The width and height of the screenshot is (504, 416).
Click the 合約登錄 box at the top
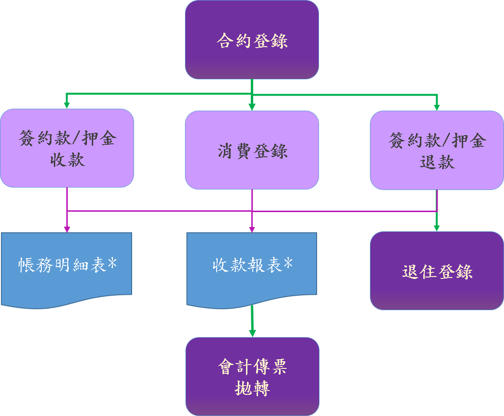[252, 40]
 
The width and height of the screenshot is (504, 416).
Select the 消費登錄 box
[252, 151]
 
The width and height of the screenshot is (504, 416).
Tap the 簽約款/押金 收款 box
[67, 148]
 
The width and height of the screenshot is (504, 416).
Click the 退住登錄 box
[437, 271]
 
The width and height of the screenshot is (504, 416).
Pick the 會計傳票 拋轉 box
[252, 377]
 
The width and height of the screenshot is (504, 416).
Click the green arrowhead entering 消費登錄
[252, 107]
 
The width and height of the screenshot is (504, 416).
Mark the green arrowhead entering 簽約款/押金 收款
[67, 105]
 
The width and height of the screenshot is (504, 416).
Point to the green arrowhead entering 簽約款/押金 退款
[437, 107]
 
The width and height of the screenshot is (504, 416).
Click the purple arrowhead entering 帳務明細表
[67, 229]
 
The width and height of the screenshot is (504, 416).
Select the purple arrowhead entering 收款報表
[252, 229]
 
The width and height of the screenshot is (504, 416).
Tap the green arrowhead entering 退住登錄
[437, 228]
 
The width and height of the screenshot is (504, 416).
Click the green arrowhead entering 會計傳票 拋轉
[252, 333]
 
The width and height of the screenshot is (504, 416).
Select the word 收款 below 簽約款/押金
[67, 159]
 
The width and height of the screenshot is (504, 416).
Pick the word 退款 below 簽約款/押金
[437, 162]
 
